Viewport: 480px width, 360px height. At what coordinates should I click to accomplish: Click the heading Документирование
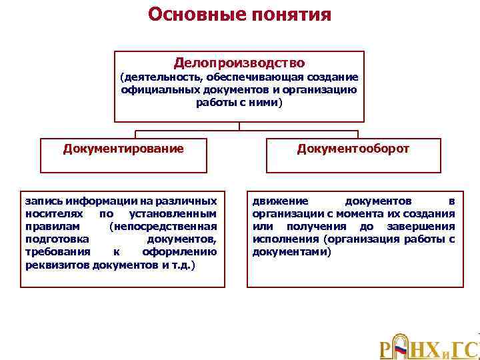coord(123,148)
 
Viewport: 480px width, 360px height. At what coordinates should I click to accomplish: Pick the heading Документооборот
coord(353,148)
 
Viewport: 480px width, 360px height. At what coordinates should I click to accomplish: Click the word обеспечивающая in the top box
coord(254,77)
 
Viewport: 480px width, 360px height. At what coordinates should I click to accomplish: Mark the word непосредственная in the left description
coord(163,226)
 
